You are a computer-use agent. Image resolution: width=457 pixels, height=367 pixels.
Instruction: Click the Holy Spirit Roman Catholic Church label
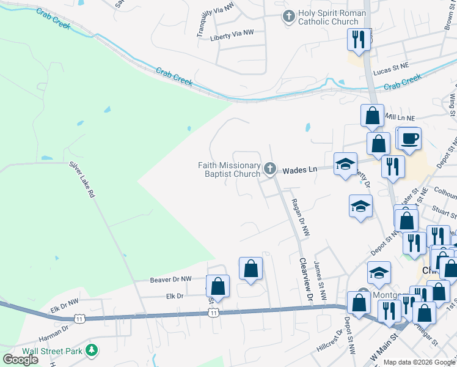tap(332, 17)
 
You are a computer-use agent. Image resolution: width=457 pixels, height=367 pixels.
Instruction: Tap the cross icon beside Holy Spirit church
tap(288, 17)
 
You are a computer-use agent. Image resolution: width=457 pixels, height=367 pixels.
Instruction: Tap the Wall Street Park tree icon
tap(92, 350)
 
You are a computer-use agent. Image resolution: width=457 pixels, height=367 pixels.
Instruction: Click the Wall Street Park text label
tap(53, 351)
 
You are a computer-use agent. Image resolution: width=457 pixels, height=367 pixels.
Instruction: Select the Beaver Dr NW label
tap(170, 279)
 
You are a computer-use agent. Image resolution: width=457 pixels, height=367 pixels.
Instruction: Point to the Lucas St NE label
tap(390, 71)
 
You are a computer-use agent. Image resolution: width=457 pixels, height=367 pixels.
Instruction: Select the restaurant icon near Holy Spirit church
tap(357, 40)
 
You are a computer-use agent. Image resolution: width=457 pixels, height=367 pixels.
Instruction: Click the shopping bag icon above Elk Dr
tap(218, 286)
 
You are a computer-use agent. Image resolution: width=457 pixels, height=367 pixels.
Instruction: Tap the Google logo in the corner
tap(20, 359)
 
